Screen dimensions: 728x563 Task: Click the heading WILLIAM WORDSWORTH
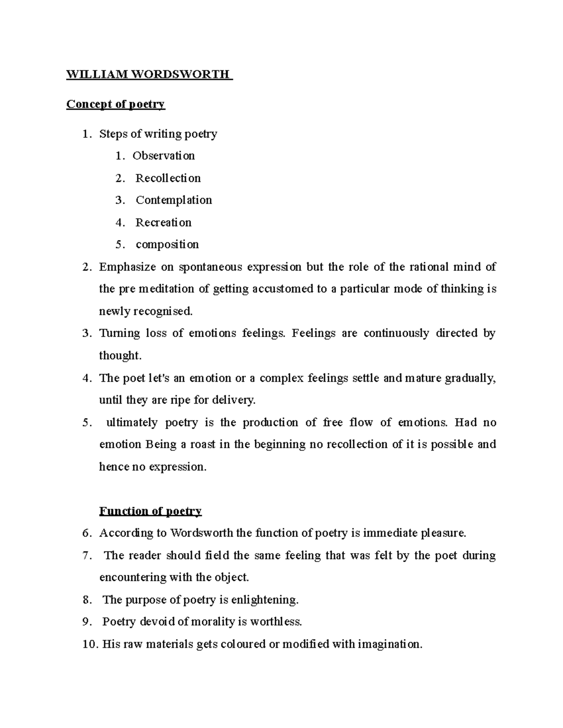click(x=149, y=75)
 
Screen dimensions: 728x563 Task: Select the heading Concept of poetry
click(x=115, y=104)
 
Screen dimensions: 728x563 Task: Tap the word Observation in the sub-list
click(x=163, y=156)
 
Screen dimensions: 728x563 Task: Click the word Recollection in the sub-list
click(x=168, y=178)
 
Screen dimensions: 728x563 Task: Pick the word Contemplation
click(x=174, y=200)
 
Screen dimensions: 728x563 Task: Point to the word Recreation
click(x=163, y=223)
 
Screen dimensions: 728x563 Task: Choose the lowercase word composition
click(x=167, y=245)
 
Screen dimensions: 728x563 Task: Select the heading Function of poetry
click(x=150, y=511)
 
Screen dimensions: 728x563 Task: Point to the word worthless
click(x=276, y=622)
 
